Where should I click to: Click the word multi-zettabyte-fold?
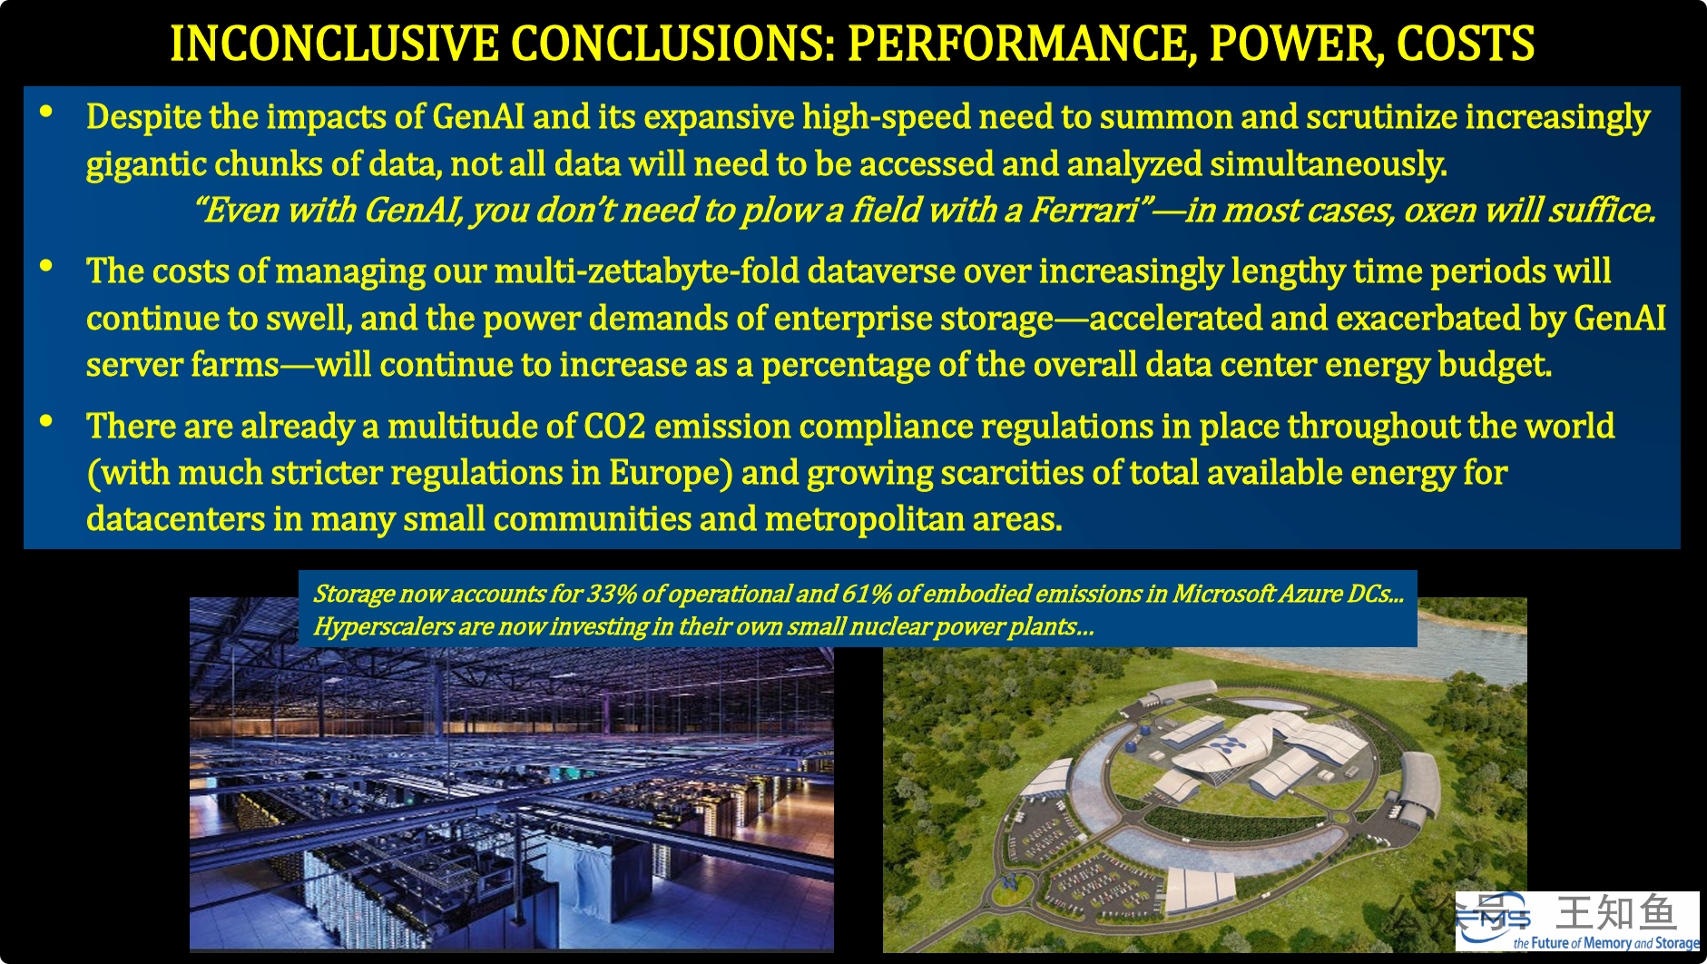(646, 271)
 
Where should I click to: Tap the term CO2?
(614, 427)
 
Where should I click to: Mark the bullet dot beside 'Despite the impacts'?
(46, 112)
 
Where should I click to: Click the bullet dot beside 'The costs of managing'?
(46, 266)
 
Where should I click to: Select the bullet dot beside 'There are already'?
(46, 421)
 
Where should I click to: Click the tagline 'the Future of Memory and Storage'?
(1606, 943)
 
